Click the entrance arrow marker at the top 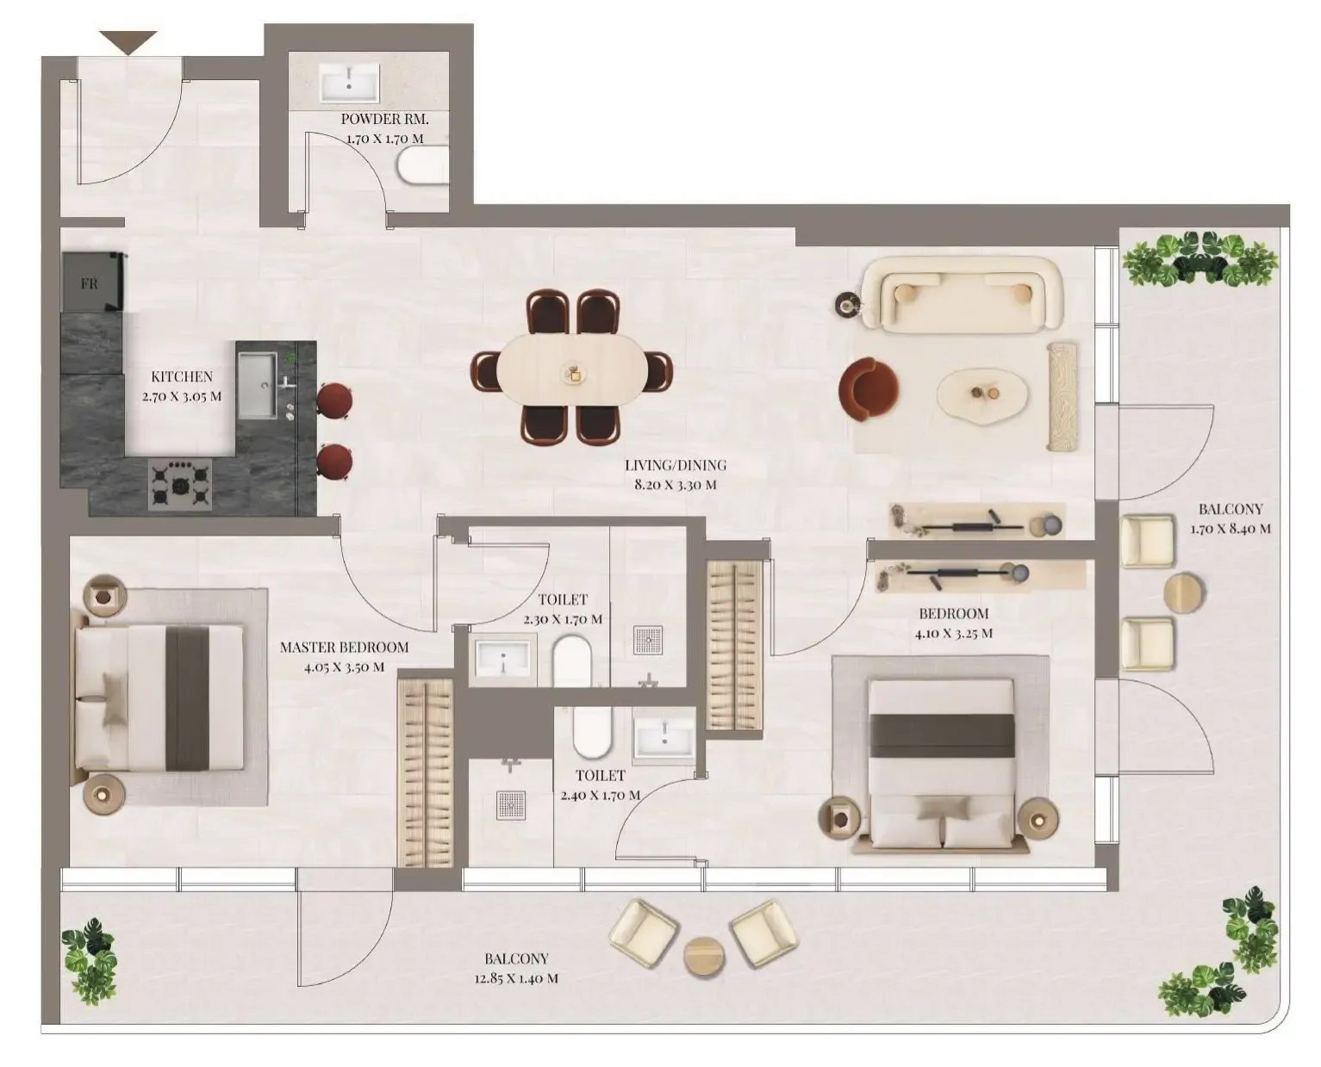[x=128, y=41]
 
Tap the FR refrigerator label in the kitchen [x=90, y=282]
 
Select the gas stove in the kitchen [x=180, y=485]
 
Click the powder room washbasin [x=348, y=84]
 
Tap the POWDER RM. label [x=384, y=119]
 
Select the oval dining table [x=572, y=369]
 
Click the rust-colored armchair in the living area [x=868, y=389]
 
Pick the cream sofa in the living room [x=962, y=294]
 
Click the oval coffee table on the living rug [x=982, y=395]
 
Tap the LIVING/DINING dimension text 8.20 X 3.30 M [x=675, y=485]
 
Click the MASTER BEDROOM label [x=344, y=647]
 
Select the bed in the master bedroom [x=159, y=698]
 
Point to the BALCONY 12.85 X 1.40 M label [x=516, y=968]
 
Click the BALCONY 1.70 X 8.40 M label [x=1230, y=519]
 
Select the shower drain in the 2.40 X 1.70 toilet [x=511, y=804]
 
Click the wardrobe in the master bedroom [x=425, y=772]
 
